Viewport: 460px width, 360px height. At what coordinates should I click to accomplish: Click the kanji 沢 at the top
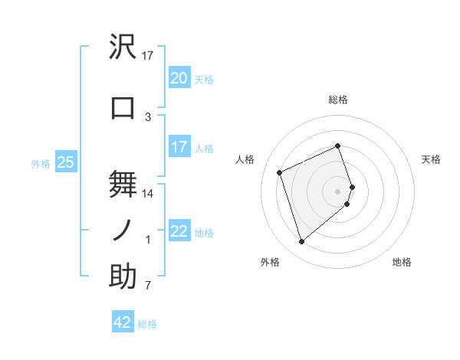(x=123, y=47)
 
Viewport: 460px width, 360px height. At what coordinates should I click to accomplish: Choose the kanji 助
(x=123, y=277)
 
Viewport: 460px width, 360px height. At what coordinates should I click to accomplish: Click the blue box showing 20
(x=179, y=78)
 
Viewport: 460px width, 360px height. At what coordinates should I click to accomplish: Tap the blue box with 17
(x=179, y=147)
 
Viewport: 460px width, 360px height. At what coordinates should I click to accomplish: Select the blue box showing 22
(x=179, y=231)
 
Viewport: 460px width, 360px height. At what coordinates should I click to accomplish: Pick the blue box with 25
(x=65, y=162)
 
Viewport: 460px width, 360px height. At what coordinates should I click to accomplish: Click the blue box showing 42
(x=123, y=322)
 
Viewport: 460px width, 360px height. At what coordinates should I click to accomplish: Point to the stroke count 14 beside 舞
(x=148, y=194)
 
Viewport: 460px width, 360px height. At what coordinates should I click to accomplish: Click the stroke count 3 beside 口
(x=148, y=116)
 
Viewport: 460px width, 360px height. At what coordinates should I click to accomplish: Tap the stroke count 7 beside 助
(x=148, y=286)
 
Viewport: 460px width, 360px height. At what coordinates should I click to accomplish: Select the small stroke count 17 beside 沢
(x=148, y=55)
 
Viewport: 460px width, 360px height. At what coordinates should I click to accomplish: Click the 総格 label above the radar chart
(x=338, y=100)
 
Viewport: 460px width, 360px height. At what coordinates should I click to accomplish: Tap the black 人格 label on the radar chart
(x=245, y=159)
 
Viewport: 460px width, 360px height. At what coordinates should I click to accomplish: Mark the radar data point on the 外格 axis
(x=301, y=242)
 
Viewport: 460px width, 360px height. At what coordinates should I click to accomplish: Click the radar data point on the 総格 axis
(x=338, y=146)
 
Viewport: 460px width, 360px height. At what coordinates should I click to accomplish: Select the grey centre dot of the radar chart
(x=338, y=191)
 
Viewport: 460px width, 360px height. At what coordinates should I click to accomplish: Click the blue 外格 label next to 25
(x=40, y=163)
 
